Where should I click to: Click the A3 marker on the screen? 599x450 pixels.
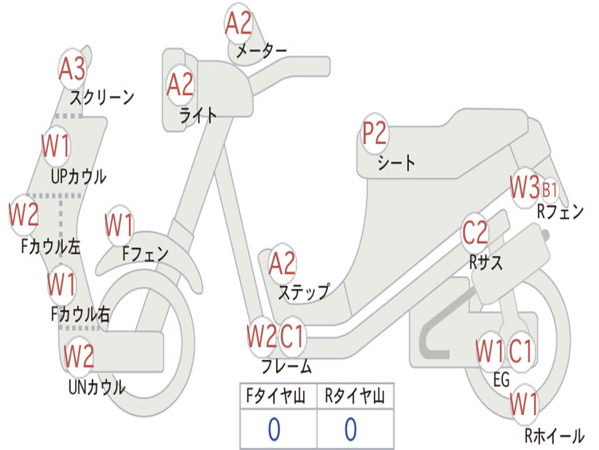[72, 69]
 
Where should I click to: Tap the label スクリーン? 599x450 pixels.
[102, 97]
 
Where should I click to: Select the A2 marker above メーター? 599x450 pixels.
[239, 23]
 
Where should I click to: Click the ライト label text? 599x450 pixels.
[198, 115]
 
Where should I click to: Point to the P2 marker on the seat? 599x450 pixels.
[374, 134]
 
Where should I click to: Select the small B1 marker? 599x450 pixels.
[550, 190]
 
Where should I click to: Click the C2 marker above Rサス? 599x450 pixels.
[475, 233]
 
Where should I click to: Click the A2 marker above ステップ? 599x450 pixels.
[282, 264]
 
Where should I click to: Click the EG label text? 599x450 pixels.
[501, 380]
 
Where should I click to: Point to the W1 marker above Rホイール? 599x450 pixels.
[524, 403]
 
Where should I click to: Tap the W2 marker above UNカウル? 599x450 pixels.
[79, 356]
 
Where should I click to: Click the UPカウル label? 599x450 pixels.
[78, 176]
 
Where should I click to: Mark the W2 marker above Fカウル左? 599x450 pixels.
[24, 214]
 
